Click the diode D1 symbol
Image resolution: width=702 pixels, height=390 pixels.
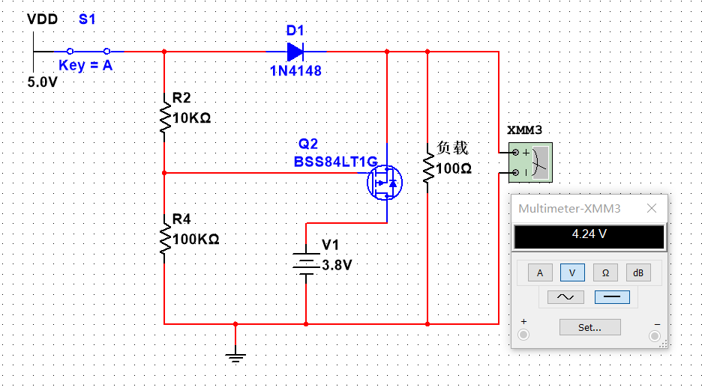295,52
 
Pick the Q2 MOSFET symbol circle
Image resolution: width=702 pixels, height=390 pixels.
385,182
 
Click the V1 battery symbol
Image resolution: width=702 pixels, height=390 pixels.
306,265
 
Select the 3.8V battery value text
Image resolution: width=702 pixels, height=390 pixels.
337,265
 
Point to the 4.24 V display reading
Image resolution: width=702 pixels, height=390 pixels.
589,234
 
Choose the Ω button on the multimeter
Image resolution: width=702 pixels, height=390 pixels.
605,273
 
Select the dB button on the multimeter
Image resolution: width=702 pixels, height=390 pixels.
638,273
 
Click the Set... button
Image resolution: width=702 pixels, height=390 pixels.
589,327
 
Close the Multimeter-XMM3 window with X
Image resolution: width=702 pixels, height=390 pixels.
652,209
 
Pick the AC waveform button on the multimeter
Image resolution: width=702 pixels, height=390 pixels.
565,297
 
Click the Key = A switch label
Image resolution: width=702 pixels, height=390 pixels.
85,66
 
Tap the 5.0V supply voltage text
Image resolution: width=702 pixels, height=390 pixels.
42,82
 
